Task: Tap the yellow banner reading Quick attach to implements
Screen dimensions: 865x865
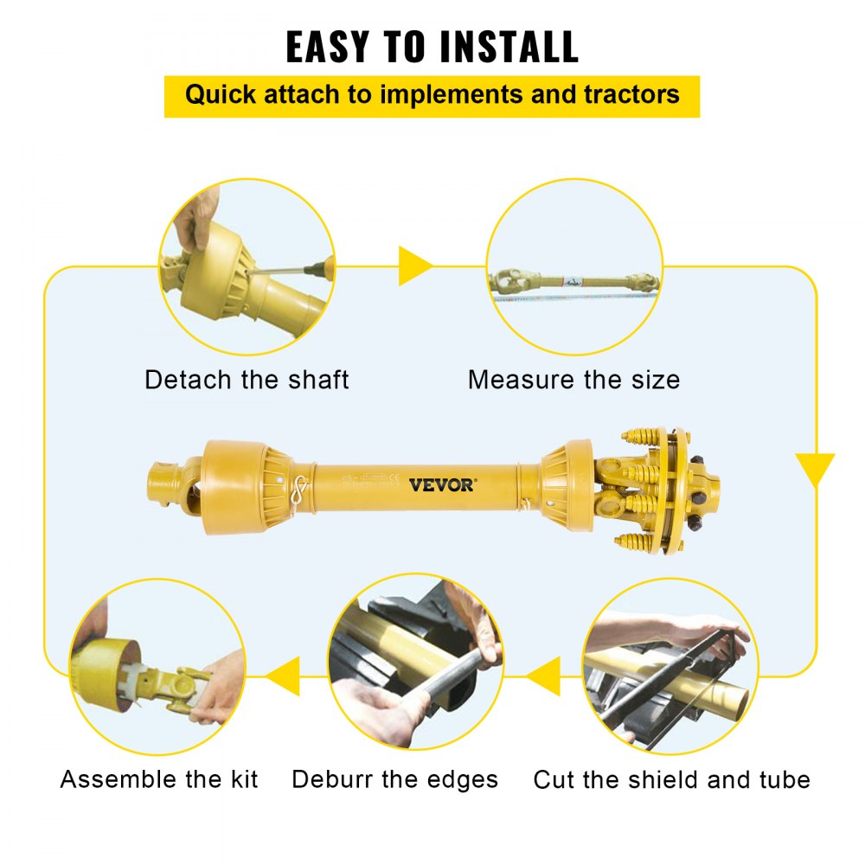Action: tap(432, 95)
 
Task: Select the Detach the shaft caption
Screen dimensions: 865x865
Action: tap(247, 380)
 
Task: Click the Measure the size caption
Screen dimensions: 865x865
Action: tap(573, 380)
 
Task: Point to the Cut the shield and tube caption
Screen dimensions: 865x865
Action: tap(671, 779)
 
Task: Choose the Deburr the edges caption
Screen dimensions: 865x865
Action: tap(394, 779)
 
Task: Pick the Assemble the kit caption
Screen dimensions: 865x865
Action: tap(159, 779)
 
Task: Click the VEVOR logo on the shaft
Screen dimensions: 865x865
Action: tap(441, 484)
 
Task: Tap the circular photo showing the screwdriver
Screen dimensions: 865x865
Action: tap(247, 266)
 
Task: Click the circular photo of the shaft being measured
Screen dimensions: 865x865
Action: tap(573, 266)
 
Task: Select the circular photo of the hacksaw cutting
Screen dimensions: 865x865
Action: tap(670, 666)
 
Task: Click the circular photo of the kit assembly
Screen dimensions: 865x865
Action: tap(157, 666)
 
